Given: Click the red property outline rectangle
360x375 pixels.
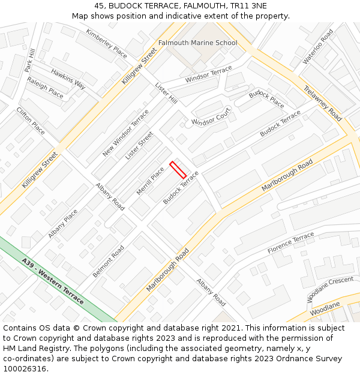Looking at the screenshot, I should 178,170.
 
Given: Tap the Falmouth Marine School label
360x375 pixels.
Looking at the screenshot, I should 197,43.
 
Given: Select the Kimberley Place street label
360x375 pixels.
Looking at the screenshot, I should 106,43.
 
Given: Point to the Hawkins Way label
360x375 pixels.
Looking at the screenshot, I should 68,79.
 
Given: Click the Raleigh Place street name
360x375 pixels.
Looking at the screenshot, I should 45,88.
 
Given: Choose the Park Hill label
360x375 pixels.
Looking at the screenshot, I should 30,61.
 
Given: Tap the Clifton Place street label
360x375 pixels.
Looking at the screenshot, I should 30,121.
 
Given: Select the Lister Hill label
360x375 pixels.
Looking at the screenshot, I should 166,92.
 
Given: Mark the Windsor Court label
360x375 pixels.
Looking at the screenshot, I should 211,117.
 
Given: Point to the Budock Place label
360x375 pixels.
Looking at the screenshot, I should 266,99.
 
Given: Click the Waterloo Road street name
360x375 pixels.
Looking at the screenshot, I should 318,46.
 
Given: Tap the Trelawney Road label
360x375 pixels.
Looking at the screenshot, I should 322,103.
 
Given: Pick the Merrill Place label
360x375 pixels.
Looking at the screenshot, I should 150,181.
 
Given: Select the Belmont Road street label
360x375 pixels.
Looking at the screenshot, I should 109,261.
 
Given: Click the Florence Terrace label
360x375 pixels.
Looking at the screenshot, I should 290,242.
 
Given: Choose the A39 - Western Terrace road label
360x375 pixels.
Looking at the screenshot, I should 53,281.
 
